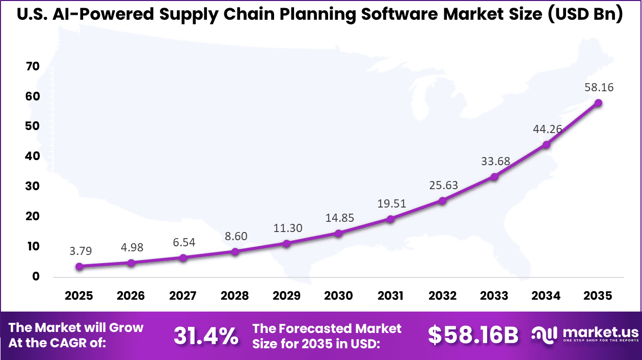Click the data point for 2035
598,103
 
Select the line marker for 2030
338,234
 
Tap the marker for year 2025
79,267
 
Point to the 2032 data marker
442,201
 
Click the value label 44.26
547,129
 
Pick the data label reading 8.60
235,236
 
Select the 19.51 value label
391,204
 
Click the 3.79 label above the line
81,251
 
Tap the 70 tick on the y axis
32,67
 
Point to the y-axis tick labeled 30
32,187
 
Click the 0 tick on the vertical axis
36,277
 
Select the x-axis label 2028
235,296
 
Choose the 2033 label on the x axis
494,296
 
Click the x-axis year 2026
131,296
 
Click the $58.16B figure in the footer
473,336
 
